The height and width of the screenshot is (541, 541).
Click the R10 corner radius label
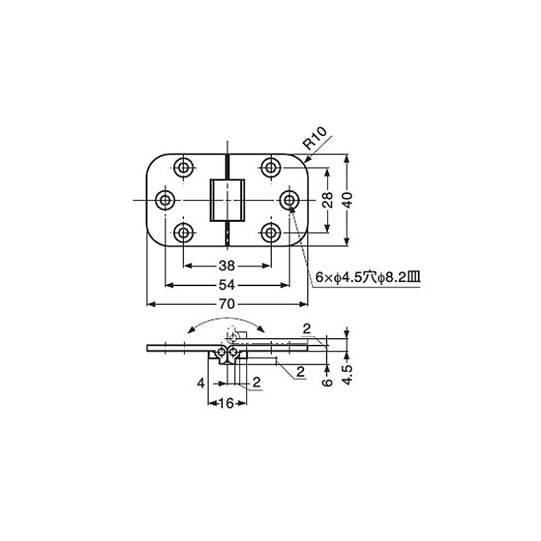[314, 138]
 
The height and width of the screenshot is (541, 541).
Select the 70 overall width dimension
[227, 304]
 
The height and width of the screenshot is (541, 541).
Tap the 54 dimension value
[227, 285]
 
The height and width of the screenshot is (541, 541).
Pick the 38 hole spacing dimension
[227, 266]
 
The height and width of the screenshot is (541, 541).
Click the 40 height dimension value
[347, 199]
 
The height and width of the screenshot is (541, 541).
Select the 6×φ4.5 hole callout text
[368, 277]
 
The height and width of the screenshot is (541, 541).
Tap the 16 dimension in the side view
[227, 402]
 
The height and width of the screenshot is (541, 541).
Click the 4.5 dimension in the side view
[348, 375]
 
